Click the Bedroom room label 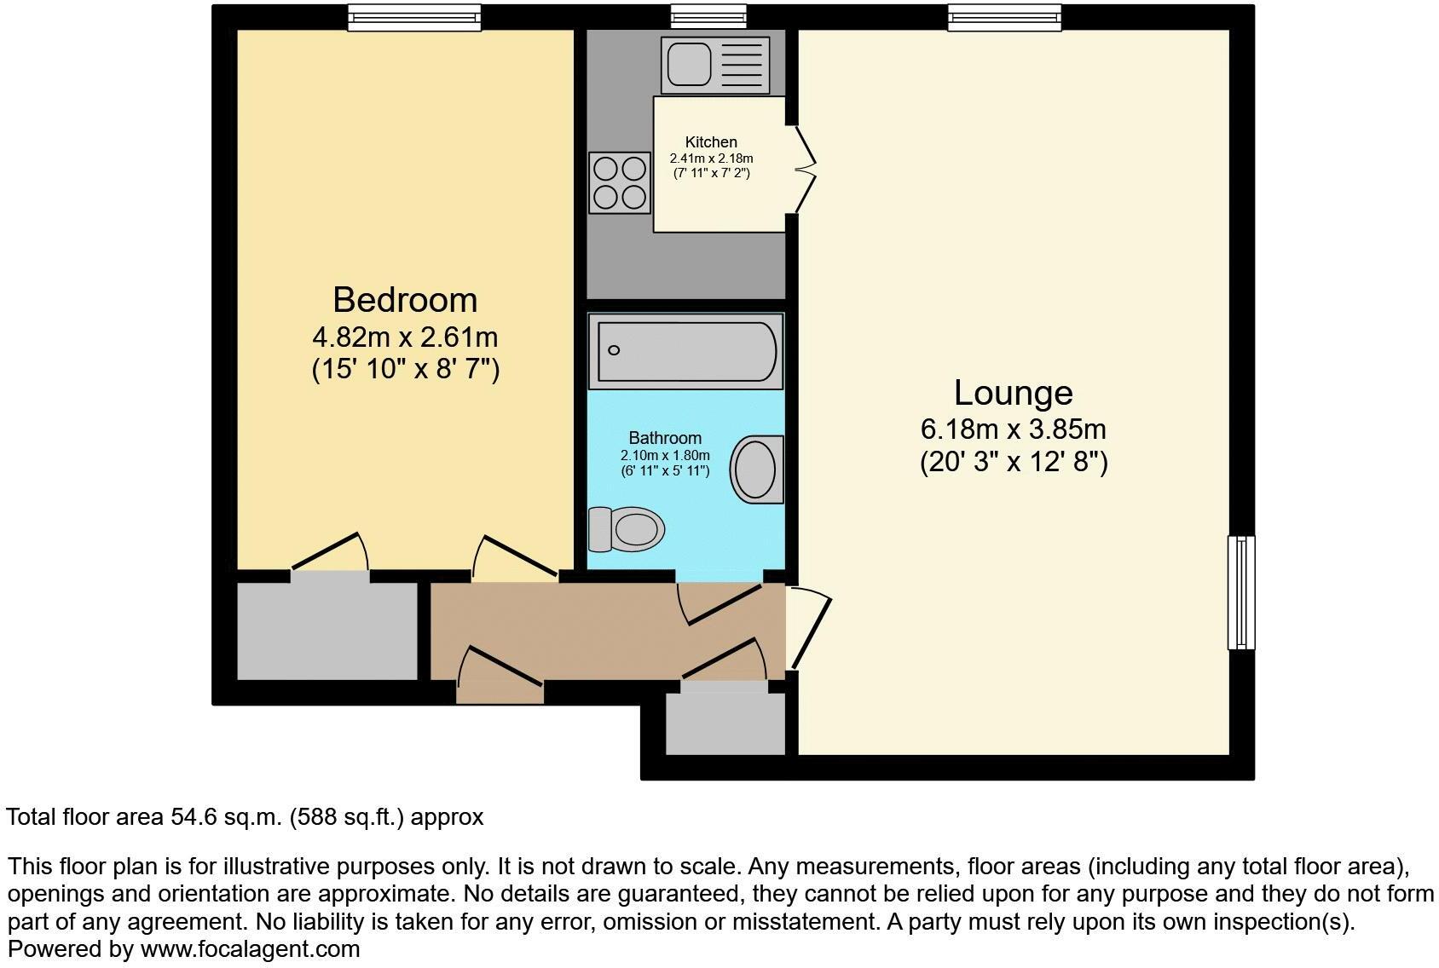405,300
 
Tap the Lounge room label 1013,393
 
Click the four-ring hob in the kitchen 619,182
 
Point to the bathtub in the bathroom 685,351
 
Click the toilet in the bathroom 627,528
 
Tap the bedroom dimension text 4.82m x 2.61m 405,337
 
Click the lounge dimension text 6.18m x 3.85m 1013,429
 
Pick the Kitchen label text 711,142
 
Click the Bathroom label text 665,438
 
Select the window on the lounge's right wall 1241,592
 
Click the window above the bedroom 414,17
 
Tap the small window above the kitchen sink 708,16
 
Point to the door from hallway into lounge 808,629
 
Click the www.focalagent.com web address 250,948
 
